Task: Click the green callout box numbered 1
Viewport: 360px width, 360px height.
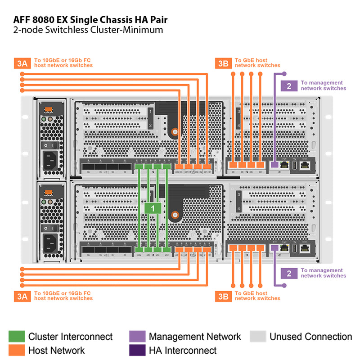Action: [153, 208]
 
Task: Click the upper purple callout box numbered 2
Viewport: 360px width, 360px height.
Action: [289, 85]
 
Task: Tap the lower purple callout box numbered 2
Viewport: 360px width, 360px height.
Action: [289, 273]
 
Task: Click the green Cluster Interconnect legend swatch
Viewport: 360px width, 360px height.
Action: [17, 337]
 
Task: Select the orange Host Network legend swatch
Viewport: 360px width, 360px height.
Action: [17, 350]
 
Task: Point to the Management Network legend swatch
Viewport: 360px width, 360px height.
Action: [137, 337]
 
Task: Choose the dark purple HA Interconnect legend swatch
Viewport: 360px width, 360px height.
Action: [137, 350]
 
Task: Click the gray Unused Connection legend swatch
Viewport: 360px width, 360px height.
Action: [257, 337]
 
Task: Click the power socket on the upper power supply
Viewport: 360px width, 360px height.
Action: [50, 159]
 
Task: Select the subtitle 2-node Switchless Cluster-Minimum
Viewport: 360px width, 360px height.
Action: [88, 31]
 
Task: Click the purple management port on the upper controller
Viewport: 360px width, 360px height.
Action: [274, 165]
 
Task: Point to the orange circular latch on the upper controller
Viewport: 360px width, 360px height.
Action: [174, 132]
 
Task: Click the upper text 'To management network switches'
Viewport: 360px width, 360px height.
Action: [323, 85]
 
